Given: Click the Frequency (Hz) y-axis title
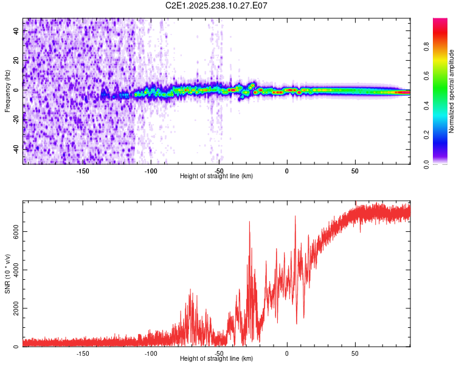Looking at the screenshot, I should click(7, 91).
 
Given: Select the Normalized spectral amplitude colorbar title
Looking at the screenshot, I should click(452, 91).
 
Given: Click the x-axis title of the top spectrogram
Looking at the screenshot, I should click(216, 176).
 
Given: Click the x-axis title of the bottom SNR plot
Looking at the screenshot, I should click(216, 358).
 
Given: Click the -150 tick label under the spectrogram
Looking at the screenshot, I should click(83, 170).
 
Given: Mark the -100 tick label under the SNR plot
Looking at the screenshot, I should click(151, 353).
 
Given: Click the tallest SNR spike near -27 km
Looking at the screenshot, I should click(250, 223).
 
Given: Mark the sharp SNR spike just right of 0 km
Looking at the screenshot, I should click(295, 217).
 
